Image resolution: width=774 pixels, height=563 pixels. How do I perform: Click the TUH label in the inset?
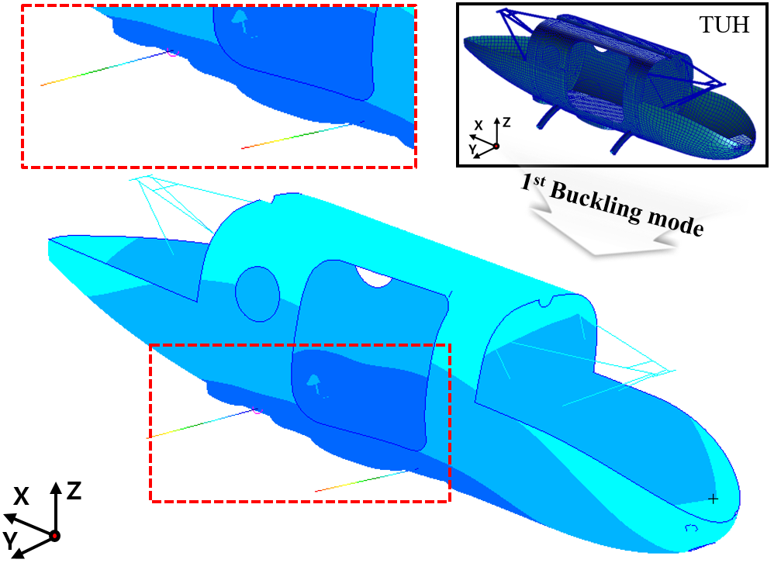724,25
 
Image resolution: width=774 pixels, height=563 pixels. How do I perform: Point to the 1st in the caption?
533,183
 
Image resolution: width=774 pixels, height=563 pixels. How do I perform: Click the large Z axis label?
74,491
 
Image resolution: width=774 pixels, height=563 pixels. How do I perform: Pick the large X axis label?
21,496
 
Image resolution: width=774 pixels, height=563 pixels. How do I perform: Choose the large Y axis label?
10,541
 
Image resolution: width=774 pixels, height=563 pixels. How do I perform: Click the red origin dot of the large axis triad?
55,536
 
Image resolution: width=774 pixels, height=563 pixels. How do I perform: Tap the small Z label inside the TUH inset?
506,123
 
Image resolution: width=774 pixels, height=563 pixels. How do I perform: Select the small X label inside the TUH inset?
479,126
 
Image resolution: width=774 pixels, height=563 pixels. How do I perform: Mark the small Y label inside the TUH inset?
472,148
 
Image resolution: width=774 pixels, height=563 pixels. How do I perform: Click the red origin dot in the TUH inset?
496,146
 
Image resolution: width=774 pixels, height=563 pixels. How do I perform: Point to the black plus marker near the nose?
713,499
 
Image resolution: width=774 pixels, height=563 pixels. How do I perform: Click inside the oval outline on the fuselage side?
257,294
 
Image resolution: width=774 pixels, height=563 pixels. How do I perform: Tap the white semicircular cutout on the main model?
374,275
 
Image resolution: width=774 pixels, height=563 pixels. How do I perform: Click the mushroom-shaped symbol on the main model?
313,381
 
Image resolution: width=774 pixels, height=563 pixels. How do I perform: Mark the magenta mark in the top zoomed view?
171,53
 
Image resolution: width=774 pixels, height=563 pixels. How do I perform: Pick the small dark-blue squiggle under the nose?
692,528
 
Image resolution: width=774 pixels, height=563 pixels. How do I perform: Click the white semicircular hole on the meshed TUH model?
600,48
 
